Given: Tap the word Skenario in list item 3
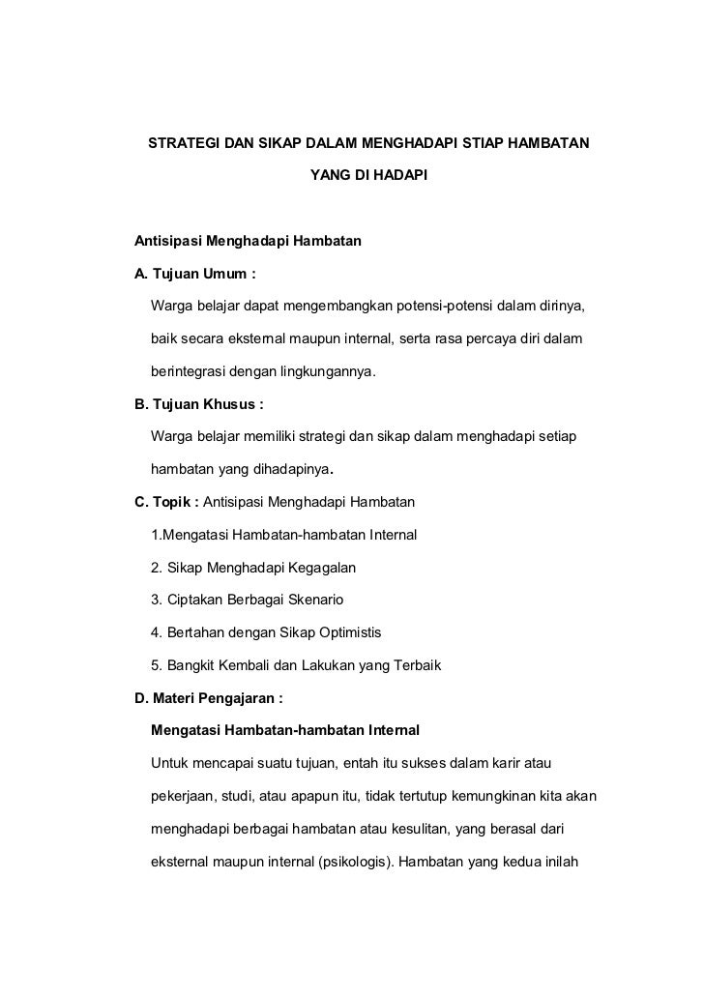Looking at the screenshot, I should point(322,601).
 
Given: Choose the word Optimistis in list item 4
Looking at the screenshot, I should point(342,633).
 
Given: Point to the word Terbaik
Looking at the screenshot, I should point(413,666).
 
